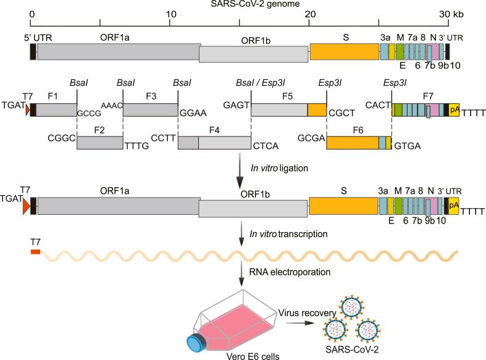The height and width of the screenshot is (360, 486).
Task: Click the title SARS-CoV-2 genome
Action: (x=243, y=5)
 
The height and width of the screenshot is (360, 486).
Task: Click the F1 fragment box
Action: (x=57, y=110)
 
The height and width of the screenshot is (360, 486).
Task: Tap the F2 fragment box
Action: (x=99, y=141)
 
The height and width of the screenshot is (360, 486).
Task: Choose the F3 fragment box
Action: (x=150, y=110)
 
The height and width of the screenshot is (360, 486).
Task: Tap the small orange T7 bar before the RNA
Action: (x=35, y=251)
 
